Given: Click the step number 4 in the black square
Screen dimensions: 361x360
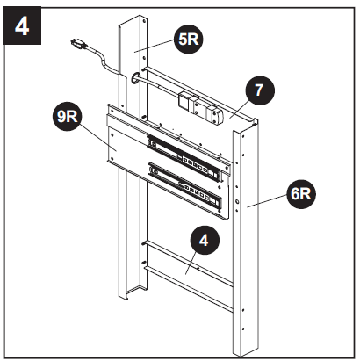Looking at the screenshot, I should pos(22,24).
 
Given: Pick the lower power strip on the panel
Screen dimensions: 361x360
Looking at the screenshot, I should pos(186,183).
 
